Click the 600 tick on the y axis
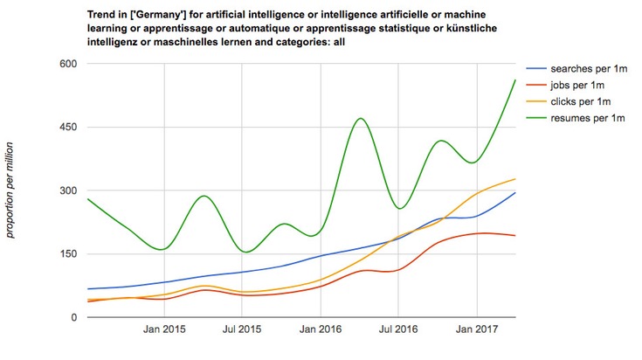(x=67, y=64)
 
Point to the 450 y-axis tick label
(x=67, y=128)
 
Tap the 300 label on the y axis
(x=67, y=190)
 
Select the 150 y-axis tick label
(x=67, y=254)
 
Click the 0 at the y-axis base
(x=74, y=317)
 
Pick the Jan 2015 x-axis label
(x=162, y=330)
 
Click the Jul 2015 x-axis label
(x=240, y=330)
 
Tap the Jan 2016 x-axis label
(x=321, y=330)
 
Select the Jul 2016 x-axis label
(x=398, y=330)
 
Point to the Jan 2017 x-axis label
(x=478, y=330)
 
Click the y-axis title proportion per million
(x=11, y=190)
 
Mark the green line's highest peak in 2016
(x=360, y=118)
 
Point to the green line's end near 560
(x=515, y=80)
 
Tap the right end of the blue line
(x=515, y=193)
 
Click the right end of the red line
(x=515, y=236)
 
